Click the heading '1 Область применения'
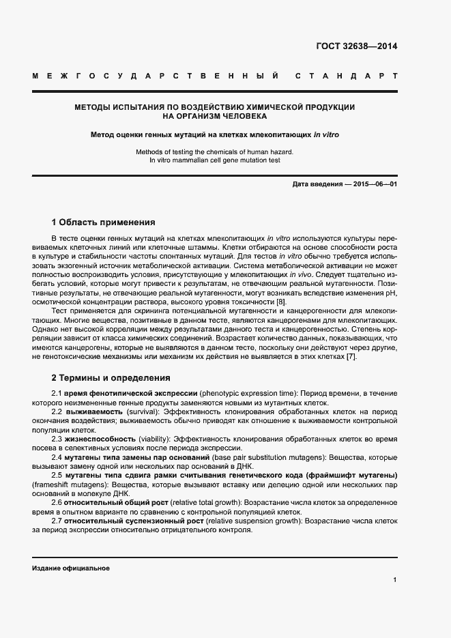point(104,222)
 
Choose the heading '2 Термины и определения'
point(111,377)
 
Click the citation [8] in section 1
point(281,302)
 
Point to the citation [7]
point(351,357)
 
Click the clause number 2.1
point(57,394)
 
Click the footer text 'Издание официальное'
point(71,568)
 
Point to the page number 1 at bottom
point(395,580)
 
